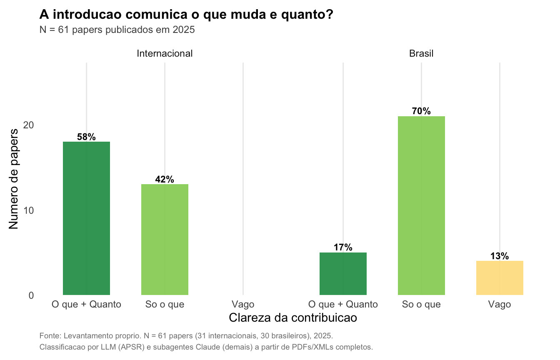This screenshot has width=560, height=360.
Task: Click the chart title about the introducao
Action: (x=186, y=15)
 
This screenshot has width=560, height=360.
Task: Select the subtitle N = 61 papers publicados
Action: (x=117, y=30)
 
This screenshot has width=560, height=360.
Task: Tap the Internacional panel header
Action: (x=165, y=53)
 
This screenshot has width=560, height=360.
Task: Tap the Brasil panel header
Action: (x=421, y=53)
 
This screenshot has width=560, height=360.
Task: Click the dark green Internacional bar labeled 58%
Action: (x=86, y=218)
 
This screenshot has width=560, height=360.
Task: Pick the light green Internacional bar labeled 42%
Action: (x=165, y=240)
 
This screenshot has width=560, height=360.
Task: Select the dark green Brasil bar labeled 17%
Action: (x=343, y=274)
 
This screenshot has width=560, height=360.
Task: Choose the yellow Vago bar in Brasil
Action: (x=500, y=278)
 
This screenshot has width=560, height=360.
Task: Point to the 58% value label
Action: (x=86, y=137)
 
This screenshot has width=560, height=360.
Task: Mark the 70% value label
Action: (x=421, y=111)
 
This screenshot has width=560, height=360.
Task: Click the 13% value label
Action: (x=500, y=256)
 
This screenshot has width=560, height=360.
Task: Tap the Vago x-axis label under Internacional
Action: (x=243, y=305)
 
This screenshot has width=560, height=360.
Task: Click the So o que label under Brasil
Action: (x=421, y=305)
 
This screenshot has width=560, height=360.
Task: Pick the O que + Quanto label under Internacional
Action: (x=86, y=305)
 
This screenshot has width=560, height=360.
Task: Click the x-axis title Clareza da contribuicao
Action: (x=293, y=317)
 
